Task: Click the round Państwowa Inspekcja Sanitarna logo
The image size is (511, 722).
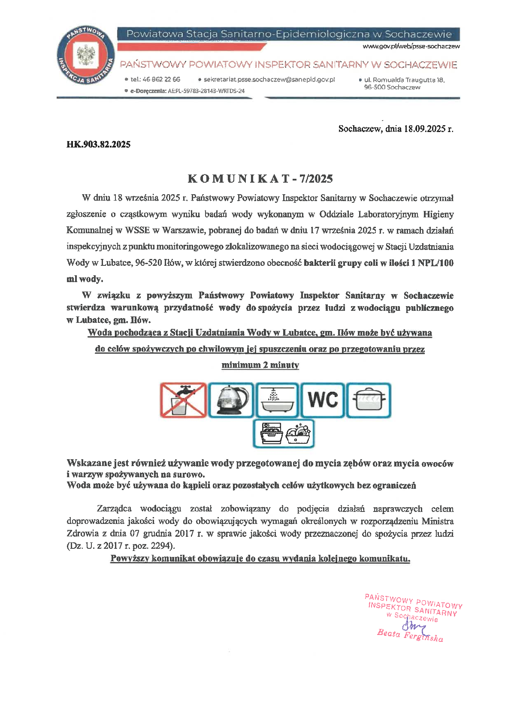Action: tap(86, 56)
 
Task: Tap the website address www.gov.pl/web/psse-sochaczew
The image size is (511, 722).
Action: tap(411, 46)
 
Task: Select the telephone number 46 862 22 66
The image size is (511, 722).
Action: tap(161, 79)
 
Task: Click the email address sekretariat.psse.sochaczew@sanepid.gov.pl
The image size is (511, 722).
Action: tap(269, 79)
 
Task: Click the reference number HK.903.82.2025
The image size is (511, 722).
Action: tap(98, 144)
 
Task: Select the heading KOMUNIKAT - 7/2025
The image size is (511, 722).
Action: tap(260, 179)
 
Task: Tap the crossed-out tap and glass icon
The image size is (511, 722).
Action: tap(183, 400)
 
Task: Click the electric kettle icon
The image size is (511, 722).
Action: tap(231, 400)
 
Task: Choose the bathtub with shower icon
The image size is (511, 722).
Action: tap(277, 400)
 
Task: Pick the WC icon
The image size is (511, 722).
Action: tap(323, 400)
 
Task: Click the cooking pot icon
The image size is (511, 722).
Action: tap(369, 400)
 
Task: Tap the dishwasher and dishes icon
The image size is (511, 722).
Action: tap(284, 434)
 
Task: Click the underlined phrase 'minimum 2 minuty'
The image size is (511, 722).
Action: tap(260, 365)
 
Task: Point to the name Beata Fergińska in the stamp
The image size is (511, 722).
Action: tap(410, 635)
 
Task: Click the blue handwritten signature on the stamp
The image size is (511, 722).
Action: tap(412, 627)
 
